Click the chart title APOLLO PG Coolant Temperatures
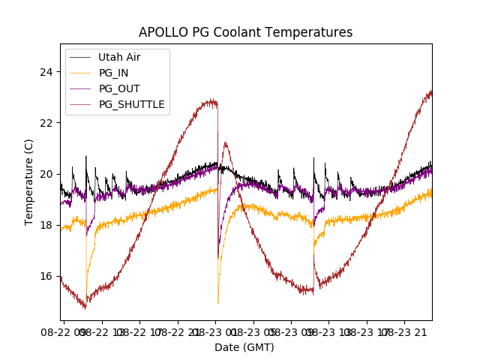[x=245, y=32]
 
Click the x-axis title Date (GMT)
[x=244, y=347]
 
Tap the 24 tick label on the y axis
[x=46, y=72]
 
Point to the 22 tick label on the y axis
[x=46, y=123]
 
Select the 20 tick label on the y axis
[x=46, y=174]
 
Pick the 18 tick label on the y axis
[x=46, y=225]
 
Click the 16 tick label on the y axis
[x=46, y=276]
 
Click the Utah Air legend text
[x=119, y=57]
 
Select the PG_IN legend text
[x=114, y=73]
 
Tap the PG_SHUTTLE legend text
[x=131, y=104]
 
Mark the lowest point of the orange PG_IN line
[x=218, y=303]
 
